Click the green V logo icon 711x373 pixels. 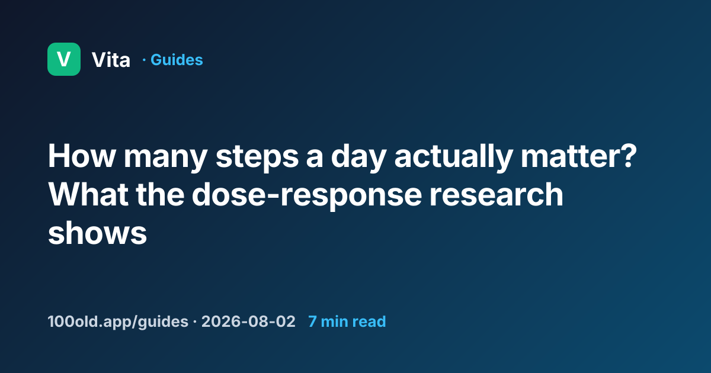tap(64, 59)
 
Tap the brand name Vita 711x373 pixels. tap(111, 60)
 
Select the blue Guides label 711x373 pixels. tap(177, 60)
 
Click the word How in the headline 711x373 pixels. tap(81, 156)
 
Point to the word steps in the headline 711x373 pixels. tap(257, 158)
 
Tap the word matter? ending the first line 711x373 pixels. tap(579, 156)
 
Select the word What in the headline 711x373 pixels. tap(88, 194)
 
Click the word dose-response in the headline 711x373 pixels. tap(307, 196)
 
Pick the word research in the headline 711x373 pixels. tap(497, 194)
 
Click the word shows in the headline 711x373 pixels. tap(97, 233)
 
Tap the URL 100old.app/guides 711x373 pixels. tap(118, 321)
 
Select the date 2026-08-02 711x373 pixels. tap(248, 321)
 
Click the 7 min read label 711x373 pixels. tap(347, 321)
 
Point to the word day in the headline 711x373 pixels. tap(358, 158)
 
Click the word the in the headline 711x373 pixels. tap(161, 194)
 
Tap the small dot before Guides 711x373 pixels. tap(144, 60)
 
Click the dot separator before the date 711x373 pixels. tap(194, 321)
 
